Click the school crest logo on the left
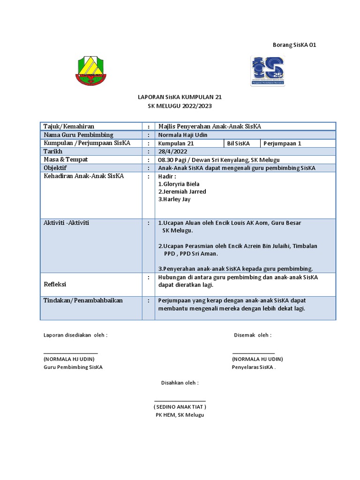(91, 71)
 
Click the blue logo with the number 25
(267, 71)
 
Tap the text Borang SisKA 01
(295, 45)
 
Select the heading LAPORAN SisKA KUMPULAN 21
(180, 97)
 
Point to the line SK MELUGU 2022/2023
(180, 106)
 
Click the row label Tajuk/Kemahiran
(69, 127)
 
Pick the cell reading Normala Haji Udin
(183, 135)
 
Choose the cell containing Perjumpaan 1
(283, 143)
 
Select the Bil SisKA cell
(238, 143)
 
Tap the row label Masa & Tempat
(66, 160)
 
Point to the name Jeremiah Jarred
(182, 191)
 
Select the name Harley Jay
(174, 199)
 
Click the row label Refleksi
(55, 285)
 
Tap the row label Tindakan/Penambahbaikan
(83, 300)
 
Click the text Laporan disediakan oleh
(75, 335)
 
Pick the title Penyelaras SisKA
(254, 367)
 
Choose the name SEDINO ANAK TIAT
(180, 407)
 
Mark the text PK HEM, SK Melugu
(180, 415)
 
